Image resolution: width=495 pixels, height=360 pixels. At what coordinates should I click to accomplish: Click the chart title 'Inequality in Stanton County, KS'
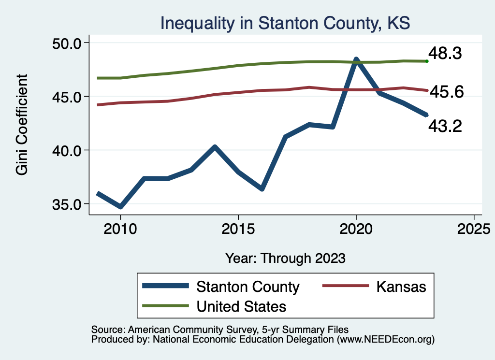click(x=285, y=23)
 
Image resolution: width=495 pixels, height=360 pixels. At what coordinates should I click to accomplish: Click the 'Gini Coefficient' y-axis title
click(x=22, y=124)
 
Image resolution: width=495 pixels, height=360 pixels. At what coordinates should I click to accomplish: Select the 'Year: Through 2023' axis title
click(x=285, y=258)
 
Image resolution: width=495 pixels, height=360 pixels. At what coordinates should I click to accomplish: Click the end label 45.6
click(x=446, y=91)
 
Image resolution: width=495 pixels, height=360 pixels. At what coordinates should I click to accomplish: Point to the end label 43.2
click(x=445, y=126)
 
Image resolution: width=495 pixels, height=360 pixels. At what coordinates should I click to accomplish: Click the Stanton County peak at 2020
click(x=356, y=60)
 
